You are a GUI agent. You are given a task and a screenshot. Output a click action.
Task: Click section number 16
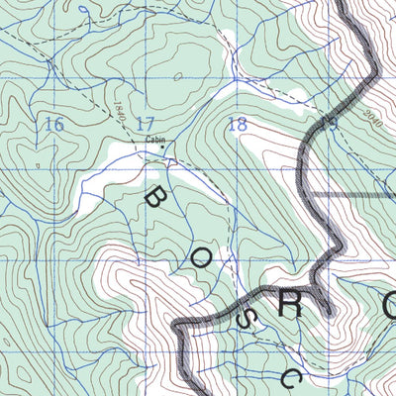(x=53, y=124)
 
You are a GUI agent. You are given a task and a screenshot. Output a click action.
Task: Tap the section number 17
(x=146, y=124)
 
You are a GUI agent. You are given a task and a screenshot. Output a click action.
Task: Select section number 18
(x=237, y=124)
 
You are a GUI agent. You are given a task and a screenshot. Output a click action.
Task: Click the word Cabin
(x=154, y=140)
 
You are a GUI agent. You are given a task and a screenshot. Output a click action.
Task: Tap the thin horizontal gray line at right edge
(x=371, y=195)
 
